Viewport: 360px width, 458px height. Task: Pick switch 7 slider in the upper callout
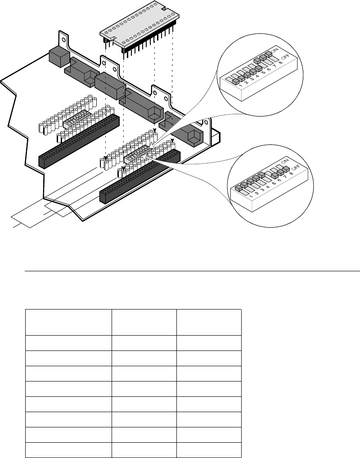(269, 54)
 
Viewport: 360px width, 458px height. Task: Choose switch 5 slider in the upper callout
(258, 69)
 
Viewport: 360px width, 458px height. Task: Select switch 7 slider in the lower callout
(285, 170)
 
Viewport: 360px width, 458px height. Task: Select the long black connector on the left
(79, 140)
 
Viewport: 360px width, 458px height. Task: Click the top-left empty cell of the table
(69, 322)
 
